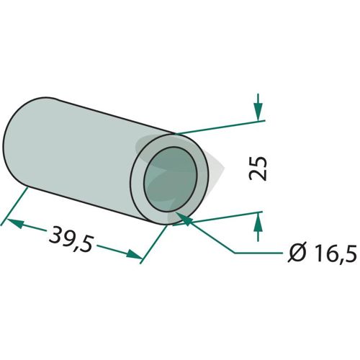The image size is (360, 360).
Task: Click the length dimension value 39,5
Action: pos(71,238)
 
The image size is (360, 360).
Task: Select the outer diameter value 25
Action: pos(258,168)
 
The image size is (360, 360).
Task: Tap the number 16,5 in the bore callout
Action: pos(333,253)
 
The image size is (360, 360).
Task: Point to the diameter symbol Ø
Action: pos(297,253)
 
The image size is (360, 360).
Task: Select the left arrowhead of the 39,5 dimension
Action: pos(16,223)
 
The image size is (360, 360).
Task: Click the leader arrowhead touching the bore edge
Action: pos(184,218)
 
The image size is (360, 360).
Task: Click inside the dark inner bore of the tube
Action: pos(171,179)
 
